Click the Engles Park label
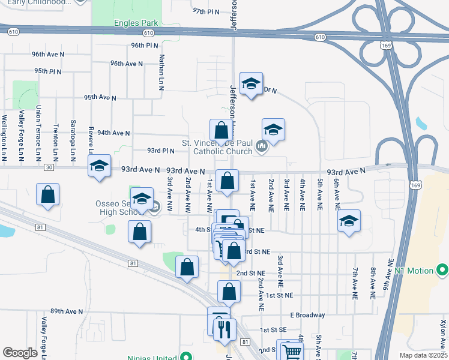[136, 23]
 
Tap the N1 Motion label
[414, 271]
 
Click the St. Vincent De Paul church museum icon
[261, 146]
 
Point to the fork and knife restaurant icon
[225, 329]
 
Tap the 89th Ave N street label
[66, 311]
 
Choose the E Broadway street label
[307, 315]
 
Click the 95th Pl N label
[48, 71]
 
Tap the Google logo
[20, 353]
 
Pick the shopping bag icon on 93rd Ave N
[228, 181]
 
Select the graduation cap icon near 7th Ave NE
[349, 221]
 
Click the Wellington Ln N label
[4, 137]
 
